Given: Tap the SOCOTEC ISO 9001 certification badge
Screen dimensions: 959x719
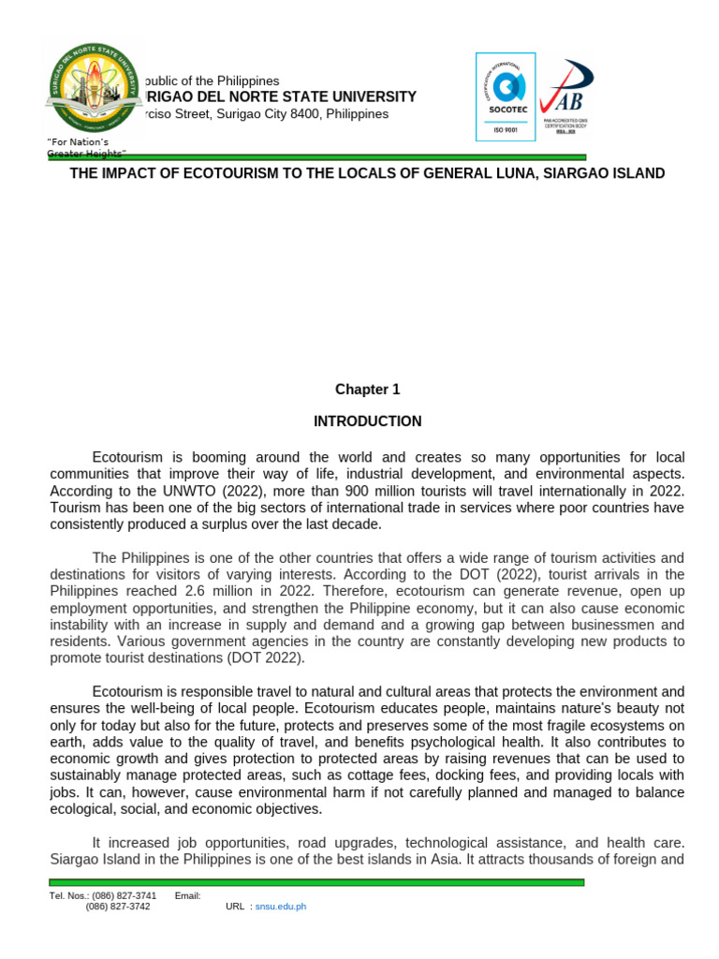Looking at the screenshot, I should (x=506, y=96).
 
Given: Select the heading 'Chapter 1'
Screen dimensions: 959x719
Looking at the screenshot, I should (x=367, y=390).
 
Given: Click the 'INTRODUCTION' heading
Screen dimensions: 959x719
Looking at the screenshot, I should (x=367, y=421).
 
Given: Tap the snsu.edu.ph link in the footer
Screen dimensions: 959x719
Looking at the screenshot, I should (x=281, y=907).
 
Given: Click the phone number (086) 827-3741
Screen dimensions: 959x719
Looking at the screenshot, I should (x=124, y=896).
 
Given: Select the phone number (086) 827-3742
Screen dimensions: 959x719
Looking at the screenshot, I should (x=117, y=907).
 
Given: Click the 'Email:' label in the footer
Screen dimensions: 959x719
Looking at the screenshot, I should (x=188, y=896).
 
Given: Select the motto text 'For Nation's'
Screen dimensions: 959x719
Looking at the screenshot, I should (x=80, y=141).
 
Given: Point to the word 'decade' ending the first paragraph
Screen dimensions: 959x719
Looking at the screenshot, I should (x=357, y=524).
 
